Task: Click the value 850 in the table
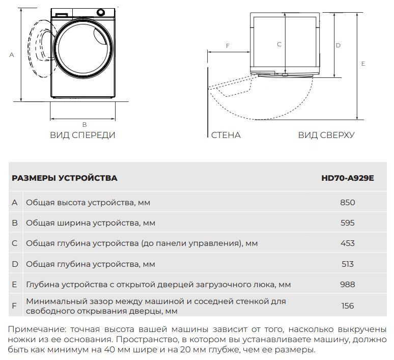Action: point(347,202)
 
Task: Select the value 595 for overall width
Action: point(347,223)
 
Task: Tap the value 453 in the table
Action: point(347,243)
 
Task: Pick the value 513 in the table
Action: point(347,264)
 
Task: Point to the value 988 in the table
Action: point(347,285)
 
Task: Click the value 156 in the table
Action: point(347,306)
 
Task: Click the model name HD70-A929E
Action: point(347,178)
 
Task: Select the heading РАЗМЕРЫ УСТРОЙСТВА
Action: point(64,178)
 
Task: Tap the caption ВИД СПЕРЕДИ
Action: point(82,135)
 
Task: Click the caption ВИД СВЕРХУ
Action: point(326,135)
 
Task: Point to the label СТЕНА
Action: point(226,135)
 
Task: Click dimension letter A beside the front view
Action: point(11,55)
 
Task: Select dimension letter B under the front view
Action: point(85,124)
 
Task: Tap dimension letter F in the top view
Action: point(228,46)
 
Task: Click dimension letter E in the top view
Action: point(363,64)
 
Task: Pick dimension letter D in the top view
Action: point(338,45)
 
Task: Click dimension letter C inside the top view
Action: point(279,45)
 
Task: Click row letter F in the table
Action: point(15,306)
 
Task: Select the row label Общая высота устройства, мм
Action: point(88,202)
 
